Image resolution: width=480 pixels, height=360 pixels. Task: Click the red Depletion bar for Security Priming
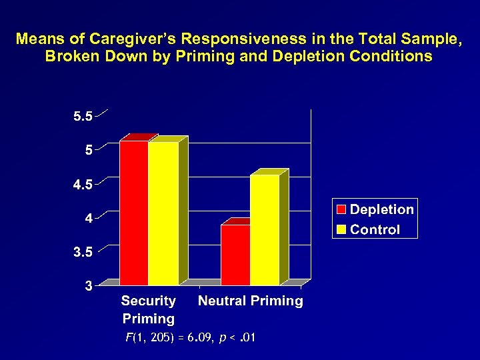tap(133, 213)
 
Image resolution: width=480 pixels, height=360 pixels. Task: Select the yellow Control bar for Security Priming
tap(163, 213)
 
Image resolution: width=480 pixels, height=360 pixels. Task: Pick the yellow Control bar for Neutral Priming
tap(265, 230)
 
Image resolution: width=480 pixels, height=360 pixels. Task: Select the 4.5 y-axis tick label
tap(83, 185)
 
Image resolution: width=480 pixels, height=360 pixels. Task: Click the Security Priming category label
tap(149, 310)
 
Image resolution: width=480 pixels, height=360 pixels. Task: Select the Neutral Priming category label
tap(251, 301)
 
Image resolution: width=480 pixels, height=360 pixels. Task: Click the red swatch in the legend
tap(341, 210)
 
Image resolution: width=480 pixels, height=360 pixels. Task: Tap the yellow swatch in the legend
tap(341, 230)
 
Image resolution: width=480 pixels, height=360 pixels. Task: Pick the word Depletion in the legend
tap(382, 209)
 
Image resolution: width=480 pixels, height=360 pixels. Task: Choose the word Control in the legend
tap(375, 230)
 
